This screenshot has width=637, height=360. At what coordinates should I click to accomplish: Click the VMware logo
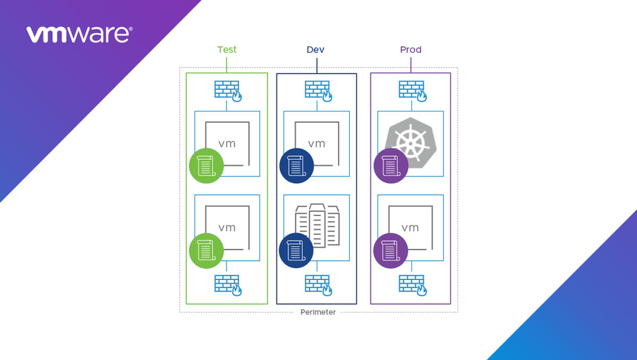(x=79, y=34)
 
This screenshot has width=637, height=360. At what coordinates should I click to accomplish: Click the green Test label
(x=226, y=50)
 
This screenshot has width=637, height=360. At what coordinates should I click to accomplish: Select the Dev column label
(x=316, y=50)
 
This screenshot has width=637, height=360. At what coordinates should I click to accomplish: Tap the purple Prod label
(x=411, y=50)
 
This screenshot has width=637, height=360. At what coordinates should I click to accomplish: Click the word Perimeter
(x=318, y=312)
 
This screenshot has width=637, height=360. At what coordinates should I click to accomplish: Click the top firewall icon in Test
(x=228, y=90)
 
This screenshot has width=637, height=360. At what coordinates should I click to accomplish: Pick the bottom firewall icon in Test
(x=228, y=285)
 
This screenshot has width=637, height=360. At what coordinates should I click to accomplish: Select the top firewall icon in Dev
(x=318, y=90)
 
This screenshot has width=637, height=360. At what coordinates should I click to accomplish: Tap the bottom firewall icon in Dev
(x=318, y=285)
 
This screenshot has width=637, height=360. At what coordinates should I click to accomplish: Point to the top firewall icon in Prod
(x=413, y=90)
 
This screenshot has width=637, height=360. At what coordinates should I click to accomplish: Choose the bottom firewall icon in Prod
(x=413, y=285)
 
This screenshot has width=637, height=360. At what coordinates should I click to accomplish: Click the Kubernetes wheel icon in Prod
(x=411, y=141)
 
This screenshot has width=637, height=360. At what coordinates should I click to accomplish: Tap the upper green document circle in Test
(x=207, y=166)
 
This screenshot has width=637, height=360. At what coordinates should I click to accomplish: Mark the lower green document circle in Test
(x=207, y=251)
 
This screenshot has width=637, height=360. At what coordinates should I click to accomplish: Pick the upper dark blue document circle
(x=296, y=166)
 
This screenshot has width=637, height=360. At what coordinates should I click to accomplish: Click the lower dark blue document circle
(x=296, y=251)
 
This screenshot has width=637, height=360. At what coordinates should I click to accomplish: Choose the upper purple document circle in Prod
(x=391, y=166)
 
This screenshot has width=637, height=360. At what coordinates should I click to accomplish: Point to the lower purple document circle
(x=391, y=251)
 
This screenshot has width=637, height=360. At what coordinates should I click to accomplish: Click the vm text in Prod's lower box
(x=410, y=228)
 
